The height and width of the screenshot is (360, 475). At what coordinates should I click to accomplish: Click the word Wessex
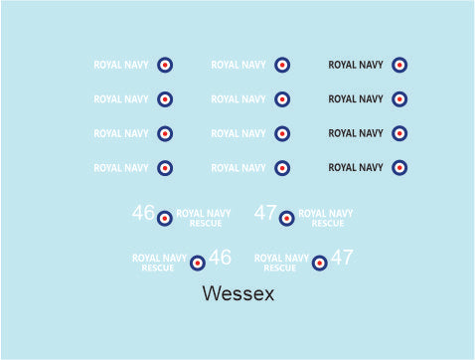[237, 294]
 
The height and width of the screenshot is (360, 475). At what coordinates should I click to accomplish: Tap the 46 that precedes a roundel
[143, 213]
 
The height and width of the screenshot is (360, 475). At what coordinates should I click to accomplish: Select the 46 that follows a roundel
[220, 258]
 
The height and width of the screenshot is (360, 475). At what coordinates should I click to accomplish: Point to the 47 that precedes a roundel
[265, 213]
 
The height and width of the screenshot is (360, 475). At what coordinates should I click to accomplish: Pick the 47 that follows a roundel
[342, 258]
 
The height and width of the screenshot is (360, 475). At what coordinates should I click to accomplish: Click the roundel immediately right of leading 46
[165, 218]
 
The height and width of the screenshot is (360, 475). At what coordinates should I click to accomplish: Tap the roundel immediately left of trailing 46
[198, 263]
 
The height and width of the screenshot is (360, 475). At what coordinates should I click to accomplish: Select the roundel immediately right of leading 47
[286, 218]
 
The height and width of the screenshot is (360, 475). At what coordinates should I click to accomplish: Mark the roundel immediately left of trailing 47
[320, 263]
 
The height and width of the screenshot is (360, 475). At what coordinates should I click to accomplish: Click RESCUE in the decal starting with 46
[206, 223]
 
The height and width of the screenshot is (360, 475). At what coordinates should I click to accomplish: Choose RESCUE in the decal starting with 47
[328, 223]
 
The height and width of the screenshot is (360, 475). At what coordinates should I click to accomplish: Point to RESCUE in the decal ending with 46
[158, 268]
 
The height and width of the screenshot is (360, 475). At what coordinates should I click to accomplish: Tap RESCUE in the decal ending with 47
[280, 268]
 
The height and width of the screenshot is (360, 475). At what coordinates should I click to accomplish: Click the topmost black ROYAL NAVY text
[356, 66]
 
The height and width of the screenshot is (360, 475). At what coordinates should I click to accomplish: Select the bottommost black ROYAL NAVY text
[356, 168]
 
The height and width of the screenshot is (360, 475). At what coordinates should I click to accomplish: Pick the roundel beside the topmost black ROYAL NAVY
[399, 66]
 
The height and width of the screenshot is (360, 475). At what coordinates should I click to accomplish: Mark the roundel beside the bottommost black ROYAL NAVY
[399, 168]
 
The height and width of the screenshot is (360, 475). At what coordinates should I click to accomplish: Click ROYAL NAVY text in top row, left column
[121, 66]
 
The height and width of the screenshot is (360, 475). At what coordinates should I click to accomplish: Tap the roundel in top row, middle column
[282, 66]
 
